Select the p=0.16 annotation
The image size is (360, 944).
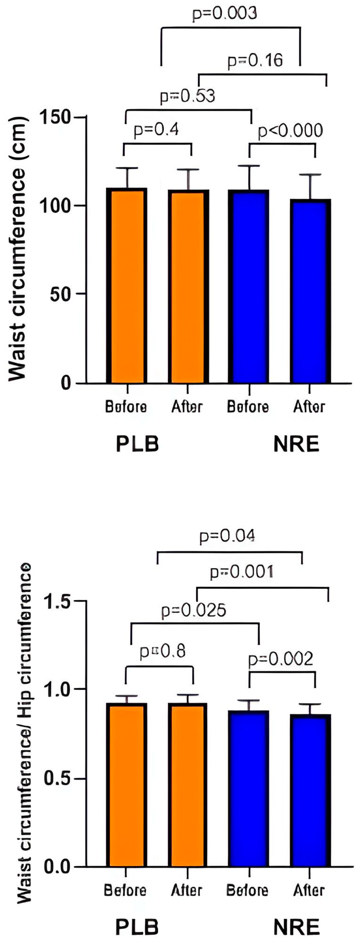pos(255,60)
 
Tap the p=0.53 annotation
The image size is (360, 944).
pos(187,96)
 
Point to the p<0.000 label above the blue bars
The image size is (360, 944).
pos(290,131)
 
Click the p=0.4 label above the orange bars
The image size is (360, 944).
pos(156,129)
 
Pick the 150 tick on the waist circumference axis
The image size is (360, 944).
pos(55,117)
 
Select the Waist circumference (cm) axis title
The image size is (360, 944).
pos(18,249)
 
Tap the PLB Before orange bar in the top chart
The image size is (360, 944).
pos(127,286)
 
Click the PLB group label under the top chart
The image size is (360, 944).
pos(137,444)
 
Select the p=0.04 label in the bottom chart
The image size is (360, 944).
pos(227,536)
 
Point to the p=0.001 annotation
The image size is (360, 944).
pos(241,572)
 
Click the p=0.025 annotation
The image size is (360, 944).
pos(194,610)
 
